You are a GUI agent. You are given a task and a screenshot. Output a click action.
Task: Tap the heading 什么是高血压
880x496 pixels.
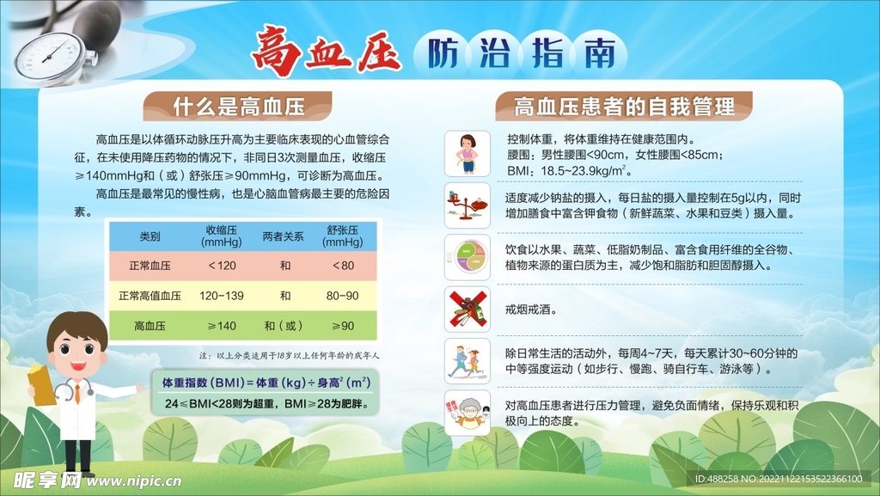pos(240,107)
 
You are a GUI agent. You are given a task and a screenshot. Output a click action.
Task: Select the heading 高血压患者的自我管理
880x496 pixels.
pos(624,107)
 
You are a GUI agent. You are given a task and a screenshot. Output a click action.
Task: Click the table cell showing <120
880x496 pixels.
pos(222,266)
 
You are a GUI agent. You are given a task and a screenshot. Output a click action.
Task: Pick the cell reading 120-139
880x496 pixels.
pos(222,295)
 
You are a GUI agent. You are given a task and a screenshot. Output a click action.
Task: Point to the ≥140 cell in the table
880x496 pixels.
pos(222,326)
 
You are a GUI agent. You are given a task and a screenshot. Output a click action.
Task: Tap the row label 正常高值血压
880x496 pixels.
pos(150,295)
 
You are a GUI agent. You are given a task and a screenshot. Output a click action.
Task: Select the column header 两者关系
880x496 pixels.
pos(284,236)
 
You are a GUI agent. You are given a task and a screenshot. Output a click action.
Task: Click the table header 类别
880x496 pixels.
pos(150,236)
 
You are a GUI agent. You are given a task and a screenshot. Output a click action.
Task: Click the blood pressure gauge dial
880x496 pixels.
pos(50,55)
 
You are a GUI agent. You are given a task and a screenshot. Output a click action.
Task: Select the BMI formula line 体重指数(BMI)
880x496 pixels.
pos(266,382)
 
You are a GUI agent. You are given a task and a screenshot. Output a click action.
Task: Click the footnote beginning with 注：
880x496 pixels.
pos(289,354)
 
